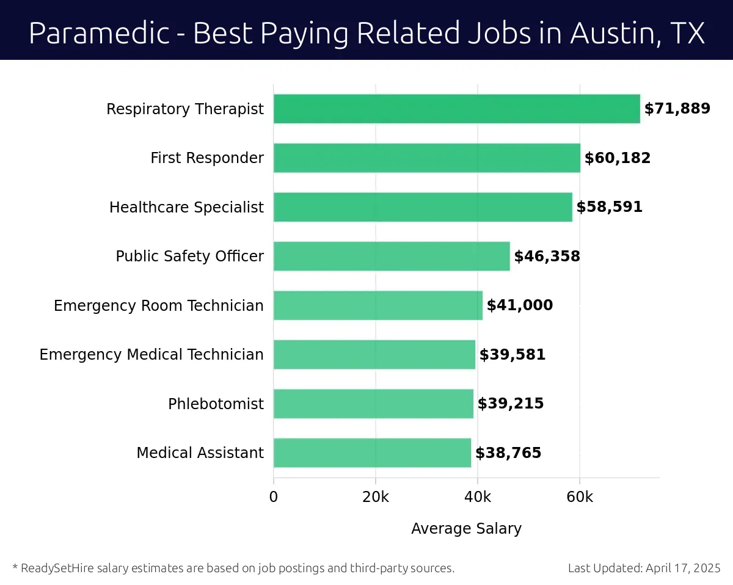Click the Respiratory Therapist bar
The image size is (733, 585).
pos(456,109)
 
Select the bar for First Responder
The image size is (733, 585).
pos(426,158)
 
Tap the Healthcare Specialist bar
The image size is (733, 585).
pos(423,207)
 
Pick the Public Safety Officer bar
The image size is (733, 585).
pos(392,256)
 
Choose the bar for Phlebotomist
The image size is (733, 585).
pos(373,404)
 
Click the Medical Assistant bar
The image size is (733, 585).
pos(372,453)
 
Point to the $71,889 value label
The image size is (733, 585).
pos(677,109)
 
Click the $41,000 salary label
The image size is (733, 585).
pos(519,305)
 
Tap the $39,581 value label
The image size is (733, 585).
pos(512,355)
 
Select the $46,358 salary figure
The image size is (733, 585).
pos(547,256)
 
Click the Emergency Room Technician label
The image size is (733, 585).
pos(159,305)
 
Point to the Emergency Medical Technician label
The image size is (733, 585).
pos(151,355)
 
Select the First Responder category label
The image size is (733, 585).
pos(207,158)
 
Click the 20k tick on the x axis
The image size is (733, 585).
pos(375,497)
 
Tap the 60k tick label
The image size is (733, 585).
pos(580,497)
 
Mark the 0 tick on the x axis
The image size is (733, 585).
pos(274,497)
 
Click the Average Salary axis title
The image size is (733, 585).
pos(466,529)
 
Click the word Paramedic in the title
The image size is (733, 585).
pos(98,33)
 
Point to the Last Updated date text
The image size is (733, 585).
pos(644,569)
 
